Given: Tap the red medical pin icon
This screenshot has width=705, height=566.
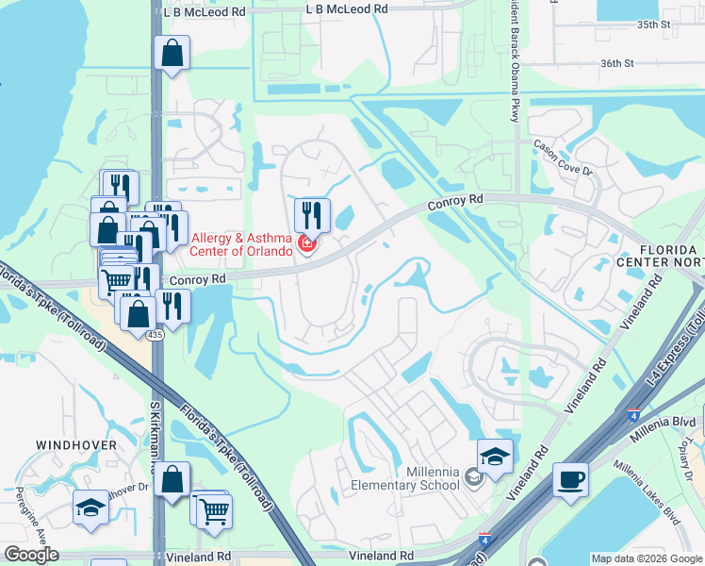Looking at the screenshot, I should (306, 245).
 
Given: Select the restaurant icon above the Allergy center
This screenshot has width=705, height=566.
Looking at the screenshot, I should (312, 215).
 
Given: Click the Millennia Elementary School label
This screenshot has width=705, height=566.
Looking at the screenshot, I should (404, 478).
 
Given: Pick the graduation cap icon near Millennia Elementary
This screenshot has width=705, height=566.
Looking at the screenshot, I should (495, 458).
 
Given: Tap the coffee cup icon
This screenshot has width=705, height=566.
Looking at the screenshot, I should (570, 479).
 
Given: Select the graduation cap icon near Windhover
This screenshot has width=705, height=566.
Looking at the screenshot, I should (91, 508).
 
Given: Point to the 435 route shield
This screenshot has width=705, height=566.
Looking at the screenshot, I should (155, 335).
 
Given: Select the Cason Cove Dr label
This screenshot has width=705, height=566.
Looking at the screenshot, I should (563, 158).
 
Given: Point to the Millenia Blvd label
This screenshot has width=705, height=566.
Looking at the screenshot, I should (671, 422).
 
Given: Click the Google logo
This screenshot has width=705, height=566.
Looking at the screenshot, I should (31, 555).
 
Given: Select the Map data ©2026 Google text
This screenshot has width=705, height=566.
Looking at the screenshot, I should (646, 558).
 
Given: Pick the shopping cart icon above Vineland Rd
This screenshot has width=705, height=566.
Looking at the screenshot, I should (216, 510).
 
